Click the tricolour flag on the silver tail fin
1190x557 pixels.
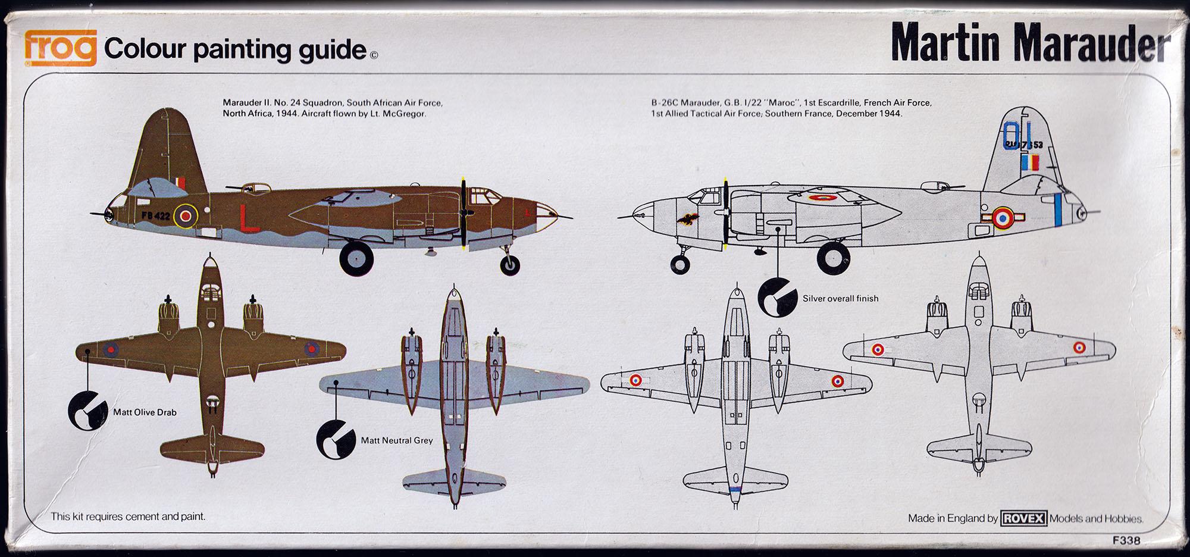tap(1031, 162)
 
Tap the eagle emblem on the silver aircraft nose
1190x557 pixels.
tap(687, 220)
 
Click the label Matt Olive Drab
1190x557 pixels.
tap(145, 412)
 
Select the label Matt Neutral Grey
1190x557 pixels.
tap(397, 440)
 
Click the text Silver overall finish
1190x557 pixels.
tap(840, 298)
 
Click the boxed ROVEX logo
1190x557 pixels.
tap(1023, 518)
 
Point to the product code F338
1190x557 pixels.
tap(1125, 541)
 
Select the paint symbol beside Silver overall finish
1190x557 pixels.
tap(777, 296)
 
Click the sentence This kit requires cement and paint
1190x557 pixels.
tap(128, 517)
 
